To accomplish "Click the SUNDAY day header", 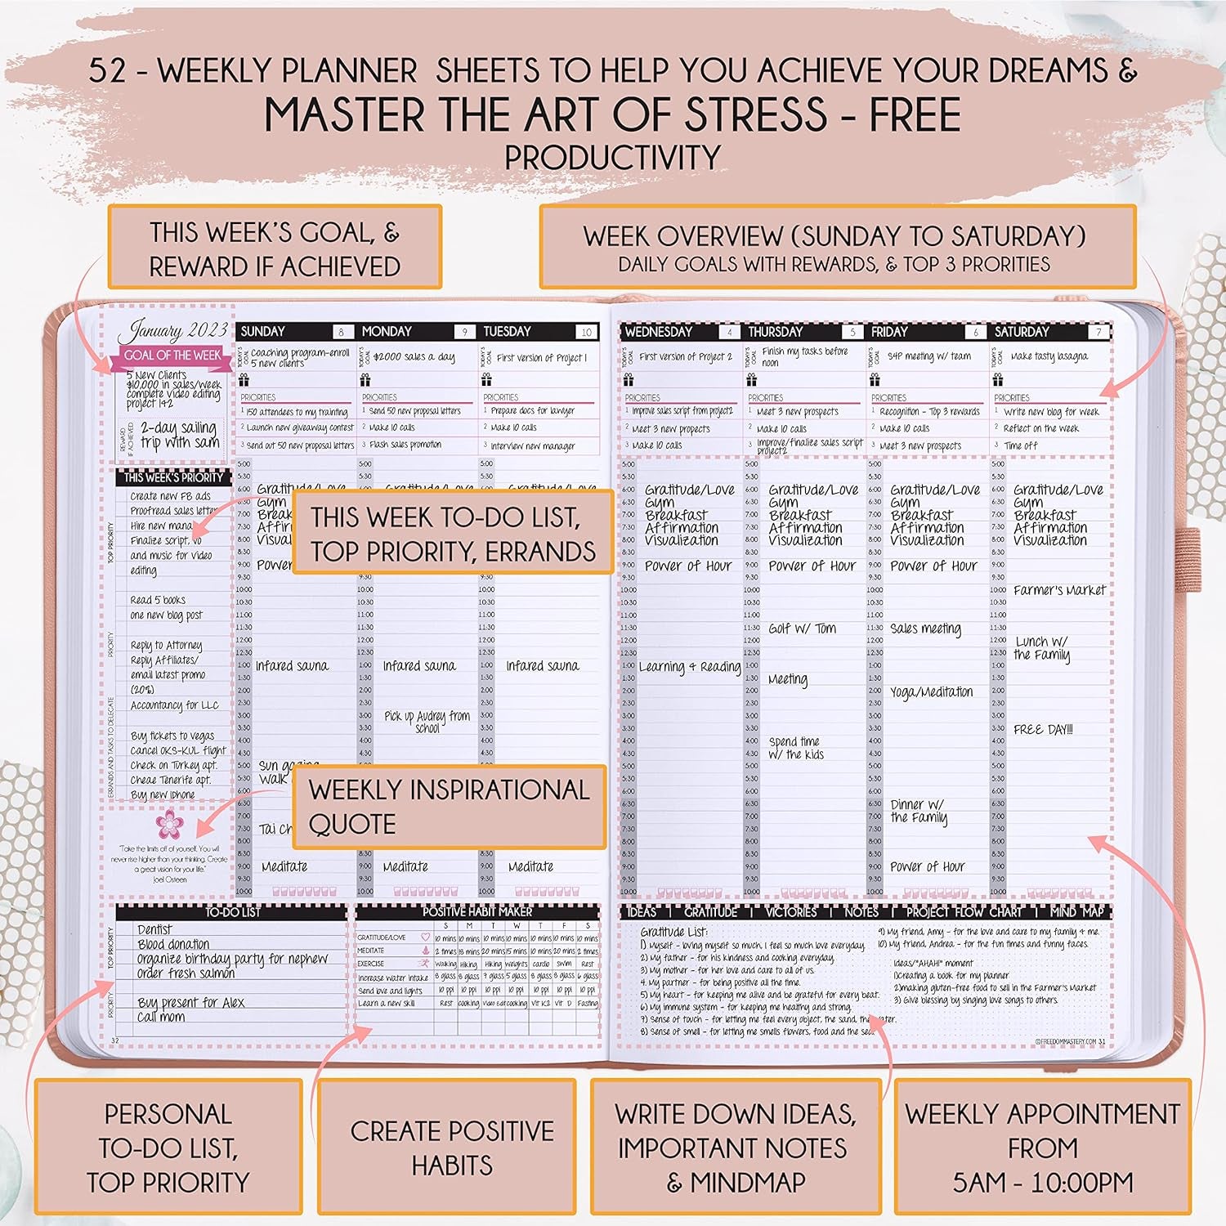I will [263, 332].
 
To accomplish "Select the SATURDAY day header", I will [1022, 332].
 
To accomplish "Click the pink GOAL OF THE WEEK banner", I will [172, 356].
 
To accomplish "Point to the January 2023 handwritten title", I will [173, 331].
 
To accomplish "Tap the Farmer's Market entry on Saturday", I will [1058, 590].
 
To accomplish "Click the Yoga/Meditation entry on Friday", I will [931, 692].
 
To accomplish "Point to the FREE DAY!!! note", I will [1043, 730].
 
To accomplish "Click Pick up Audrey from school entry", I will [427, 722].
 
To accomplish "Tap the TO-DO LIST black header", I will [232, 912].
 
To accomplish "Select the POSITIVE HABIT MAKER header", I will [477, 911].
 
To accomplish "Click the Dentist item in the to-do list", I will [154, 930].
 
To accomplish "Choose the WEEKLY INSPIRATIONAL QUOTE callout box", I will [449, 807].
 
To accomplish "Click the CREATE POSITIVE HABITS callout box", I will [452, 1148].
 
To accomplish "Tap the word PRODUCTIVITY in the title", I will [612, 157].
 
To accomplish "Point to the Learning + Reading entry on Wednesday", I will [690, 667].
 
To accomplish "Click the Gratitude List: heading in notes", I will [674, 932].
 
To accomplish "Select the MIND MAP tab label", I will [1076, 912].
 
